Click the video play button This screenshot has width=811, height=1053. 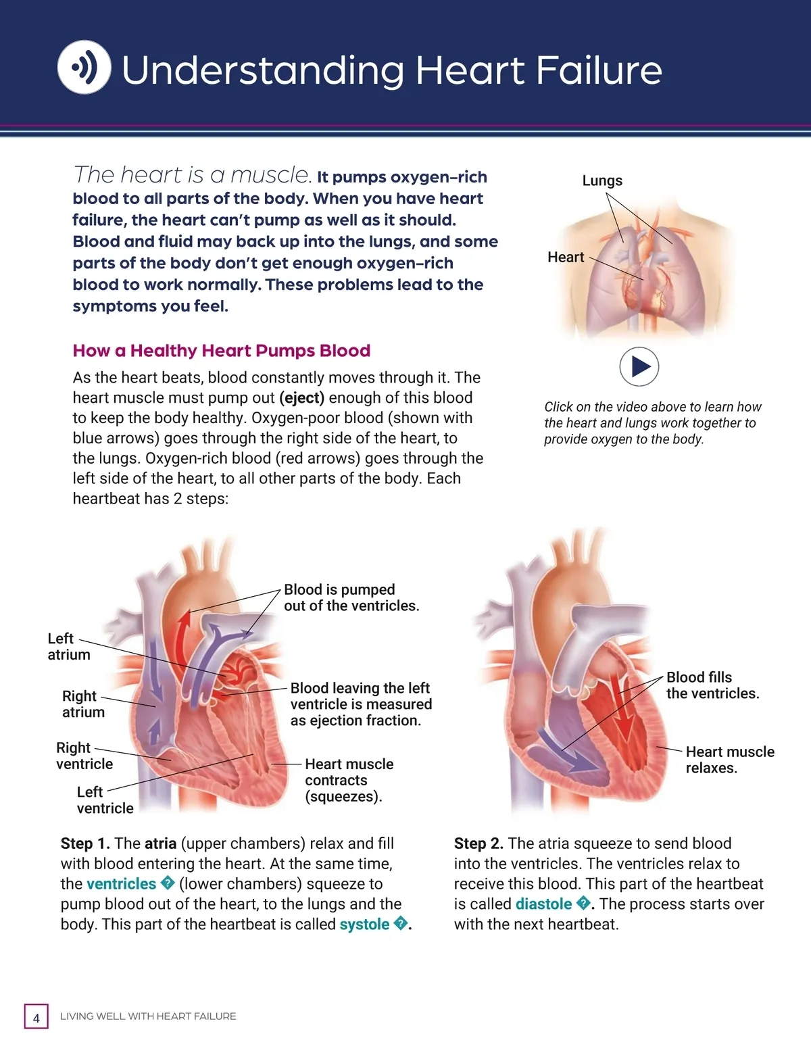pos(639,366)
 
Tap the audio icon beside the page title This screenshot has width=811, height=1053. pos(84,67)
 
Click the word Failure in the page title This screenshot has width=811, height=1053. pos(598,70)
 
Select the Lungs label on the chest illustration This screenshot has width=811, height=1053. pos(602,180)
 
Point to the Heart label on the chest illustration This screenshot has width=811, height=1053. pos(566,257)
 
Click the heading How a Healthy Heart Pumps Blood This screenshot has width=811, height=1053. pos(222,351)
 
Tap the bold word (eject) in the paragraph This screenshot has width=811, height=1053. pos(301,398)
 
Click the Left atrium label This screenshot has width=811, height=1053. pos(68,646)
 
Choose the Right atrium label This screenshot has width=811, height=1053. pos(82,704)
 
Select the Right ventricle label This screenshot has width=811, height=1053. pos(84,756)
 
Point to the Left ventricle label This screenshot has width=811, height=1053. pos(104,800)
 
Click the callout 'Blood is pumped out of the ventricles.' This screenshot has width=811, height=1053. pos(351,597)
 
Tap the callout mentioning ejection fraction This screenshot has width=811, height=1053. pos(361,704)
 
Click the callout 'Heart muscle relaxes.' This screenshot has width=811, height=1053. pos(729,760)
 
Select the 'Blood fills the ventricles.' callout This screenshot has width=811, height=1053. pos(712,685)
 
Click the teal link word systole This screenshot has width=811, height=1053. pos(364,924)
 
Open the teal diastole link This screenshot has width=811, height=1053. pos(543,904)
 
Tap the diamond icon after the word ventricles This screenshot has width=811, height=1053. pos(168,883)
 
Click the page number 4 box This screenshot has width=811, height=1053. pos(36,1017)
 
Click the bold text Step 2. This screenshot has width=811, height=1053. pos(478,843)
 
